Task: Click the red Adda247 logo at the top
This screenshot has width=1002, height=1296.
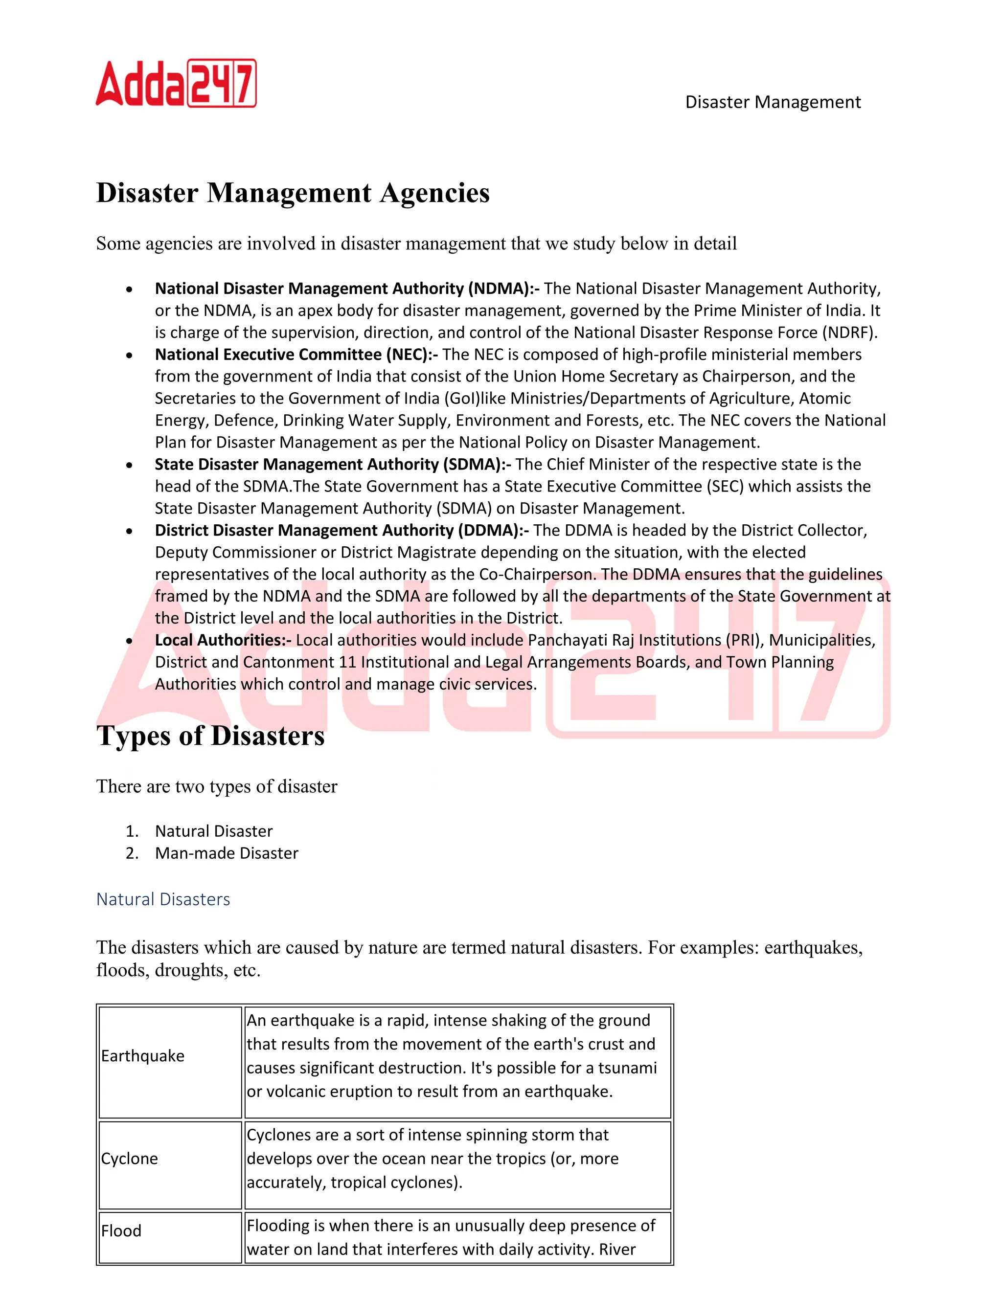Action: tap(176, 83)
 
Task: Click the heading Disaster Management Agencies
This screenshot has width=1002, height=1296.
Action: tap(293, 193)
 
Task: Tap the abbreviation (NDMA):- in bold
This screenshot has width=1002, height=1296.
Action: tap(503, 289)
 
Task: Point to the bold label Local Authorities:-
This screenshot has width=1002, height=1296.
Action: tap(223, 640)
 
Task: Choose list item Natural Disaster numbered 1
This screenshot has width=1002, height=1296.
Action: tap(214, 831)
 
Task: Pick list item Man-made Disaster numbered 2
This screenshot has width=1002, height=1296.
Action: tap(226, 853)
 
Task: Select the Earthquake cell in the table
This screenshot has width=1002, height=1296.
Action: tap(142, 1056)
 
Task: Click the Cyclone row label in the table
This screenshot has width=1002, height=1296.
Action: tap(129, 1158)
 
